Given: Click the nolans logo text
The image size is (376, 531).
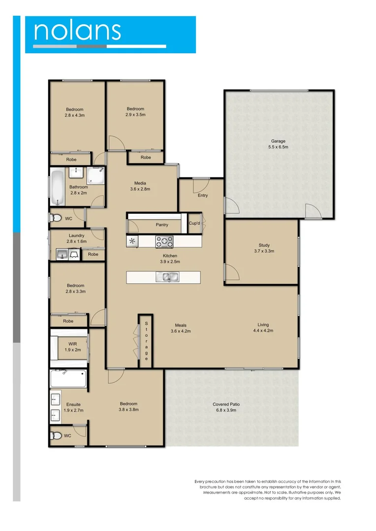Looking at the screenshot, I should point(77,30).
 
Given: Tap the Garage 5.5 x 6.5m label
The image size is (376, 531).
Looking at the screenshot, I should point(278,144).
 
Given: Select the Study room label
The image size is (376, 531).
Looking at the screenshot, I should point(264,248).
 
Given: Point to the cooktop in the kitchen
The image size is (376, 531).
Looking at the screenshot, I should point(165,241).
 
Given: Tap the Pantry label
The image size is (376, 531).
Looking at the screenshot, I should point(162,225).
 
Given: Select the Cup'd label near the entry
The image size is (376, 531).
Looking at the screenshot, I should point(194,223).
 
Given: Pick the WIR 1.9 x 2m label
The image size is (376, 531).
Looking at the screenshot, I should point(72,347).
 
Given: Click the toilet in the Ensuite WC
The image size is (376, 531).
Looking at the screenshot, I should point(57,435).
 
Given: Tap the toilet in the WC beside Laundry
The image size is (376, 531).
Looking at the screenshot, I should point(56,218).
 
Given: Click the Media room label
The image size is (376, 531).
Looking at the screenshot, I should point(140,186).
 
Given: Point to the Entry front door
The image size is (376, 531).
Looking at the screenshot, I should point(200,185).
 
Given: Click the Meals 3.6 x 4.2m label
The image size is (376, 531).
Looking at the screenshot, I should point(180,328).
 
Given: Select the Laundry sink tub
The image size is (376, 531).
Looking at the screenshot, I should point(62,254).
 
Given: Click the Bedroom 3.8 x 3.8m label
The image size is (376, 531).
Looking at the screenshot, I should point(128,407).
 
